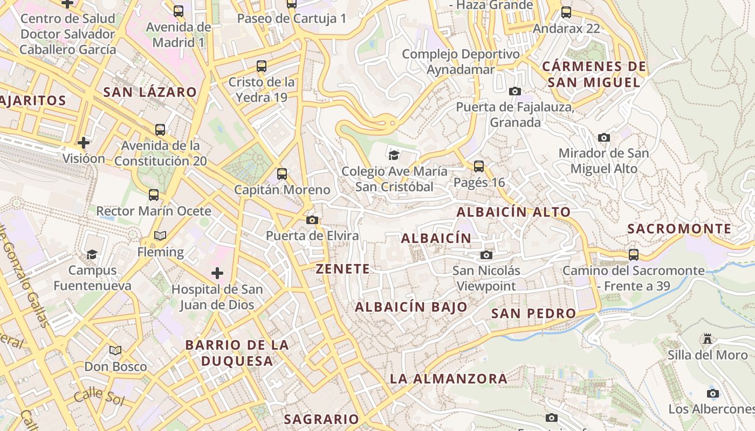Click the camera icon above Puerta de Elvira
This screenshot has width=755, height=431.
point(312,220)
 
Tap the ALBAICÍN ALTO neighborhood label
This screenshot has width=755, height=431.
point(513,212)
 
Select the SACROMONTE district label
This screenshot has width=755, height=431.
point(679,228)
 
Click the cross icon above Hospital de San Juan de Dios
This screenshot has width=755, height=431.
point(217,273)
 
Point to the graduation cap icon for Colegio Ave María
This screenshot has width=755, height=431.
point(394,156)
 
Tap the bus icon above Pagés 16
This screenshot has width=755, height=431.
point(479,166)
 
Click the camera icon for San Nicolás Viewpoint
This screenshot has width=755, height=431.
point(486,255)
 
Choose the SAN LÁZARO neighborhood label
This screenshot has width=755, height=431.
point(150,92)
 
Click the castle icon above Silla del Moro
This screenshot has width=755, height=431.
point(708,339)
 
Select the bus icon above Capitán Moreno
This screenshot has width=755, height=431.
point(282,174)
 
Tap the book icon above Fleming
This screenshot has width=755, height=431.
point(160,235)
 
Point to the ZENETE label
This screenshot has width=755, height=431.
point(343,269)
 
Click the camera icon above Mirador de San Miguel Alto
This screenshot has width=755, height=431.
point(604,137)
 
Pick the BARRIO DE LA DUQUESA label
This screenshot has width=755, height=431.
point(237,353)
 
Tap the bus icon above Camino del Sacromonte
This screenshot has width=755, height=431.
point(634,254)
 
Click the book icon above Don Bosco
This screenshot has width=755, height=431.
point(115,351)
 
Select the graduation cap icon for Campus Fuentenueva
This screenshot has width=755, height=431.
point(92,254)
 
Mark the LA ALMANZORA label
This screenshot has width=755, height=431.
point(449,379)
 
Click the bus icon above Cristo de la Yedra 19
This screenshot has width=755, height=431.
point(262,66)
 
